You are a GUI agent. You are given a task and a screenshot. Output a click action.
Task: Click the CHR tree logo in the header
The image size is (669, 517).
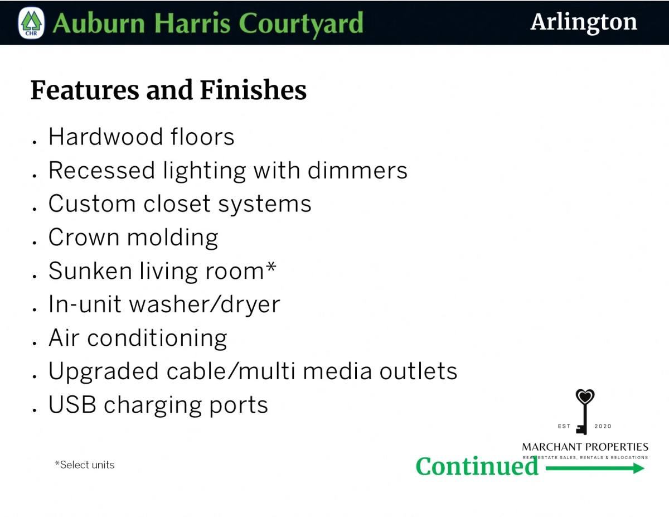(x=31, y=23)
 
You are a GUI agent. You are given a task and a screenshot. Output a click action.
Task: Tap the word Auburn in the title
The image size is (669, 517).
(x=99, y=23)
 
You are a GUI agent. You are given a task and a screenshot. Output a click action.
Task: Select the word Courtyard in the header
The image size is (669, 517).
(x=301, y=25)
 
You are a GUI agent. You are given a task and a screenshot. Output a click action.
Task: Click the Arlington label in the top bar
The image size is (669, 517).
(x=583, y=23)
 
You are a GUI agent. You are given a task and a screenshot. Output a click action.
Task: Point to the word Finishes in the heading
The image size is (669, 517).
(x=253, y=90)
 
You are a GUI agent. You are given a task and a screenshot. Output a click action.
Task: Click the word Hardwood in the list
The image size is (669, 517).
(x=105, y=137)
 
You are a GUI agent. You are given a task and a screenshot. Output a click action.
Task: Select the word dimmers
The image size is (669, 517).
(x=357, y=170)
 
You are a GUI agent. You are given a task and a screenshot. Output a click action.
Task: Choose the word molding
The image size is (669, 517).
(x=173, y=239)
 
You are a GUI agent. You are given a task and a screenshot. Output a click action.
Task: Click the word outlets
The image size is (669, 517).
(x=418, y=371)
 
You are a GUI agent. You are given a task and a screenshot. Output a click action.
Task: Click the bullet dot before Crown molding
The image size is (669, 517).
(x=35, y=243)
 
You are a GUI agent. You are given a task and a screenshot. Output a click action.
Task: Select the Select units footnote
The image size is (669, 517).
(x=85, y=465)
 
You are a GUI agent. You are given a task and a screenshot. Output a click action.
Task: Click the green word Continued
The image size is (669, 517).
(x=477, y=466)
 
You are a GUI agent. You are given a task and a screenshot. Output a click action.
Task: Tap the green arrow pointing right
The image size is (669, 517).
(x=595, y=468)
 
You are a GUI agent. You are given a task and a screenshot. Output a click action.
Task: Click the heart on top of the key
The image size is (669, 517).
(x=585, y=397)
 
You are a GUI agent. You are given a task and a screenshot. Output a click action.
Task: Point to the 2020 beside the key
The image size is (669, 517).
(x=603, y=426)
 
